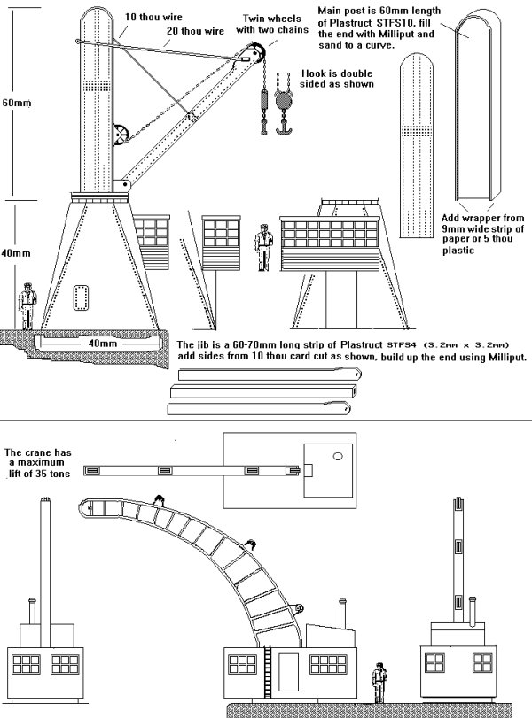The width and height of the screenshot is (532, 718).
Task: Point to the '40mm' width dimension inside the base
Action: (100, 342)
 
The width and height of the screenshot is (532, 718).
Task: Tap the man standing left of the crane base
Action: (29, 306)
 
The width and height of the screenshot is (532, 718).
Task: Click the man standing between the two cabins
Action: (262, 247)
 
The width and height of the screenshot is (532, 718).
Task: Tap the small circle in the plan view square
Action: (336, 456)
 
